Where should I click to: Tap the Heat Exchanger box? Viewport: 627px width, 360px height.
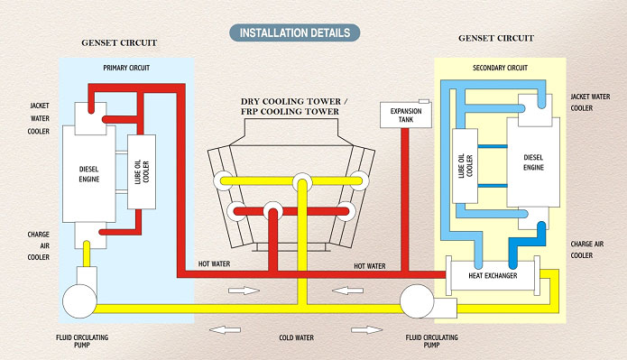point(493,274)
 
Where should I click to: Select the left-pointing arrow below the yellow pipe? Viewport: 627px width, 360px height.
point(217,328)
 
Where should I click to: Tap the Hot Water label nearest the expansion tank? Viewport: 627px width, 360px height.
point(370,266)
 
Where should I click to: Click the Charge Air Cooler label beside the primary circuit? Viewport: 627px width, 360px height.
point(32,246)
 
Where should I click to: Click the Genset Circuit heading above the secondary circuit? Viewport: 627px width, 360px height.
point(495,39)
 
